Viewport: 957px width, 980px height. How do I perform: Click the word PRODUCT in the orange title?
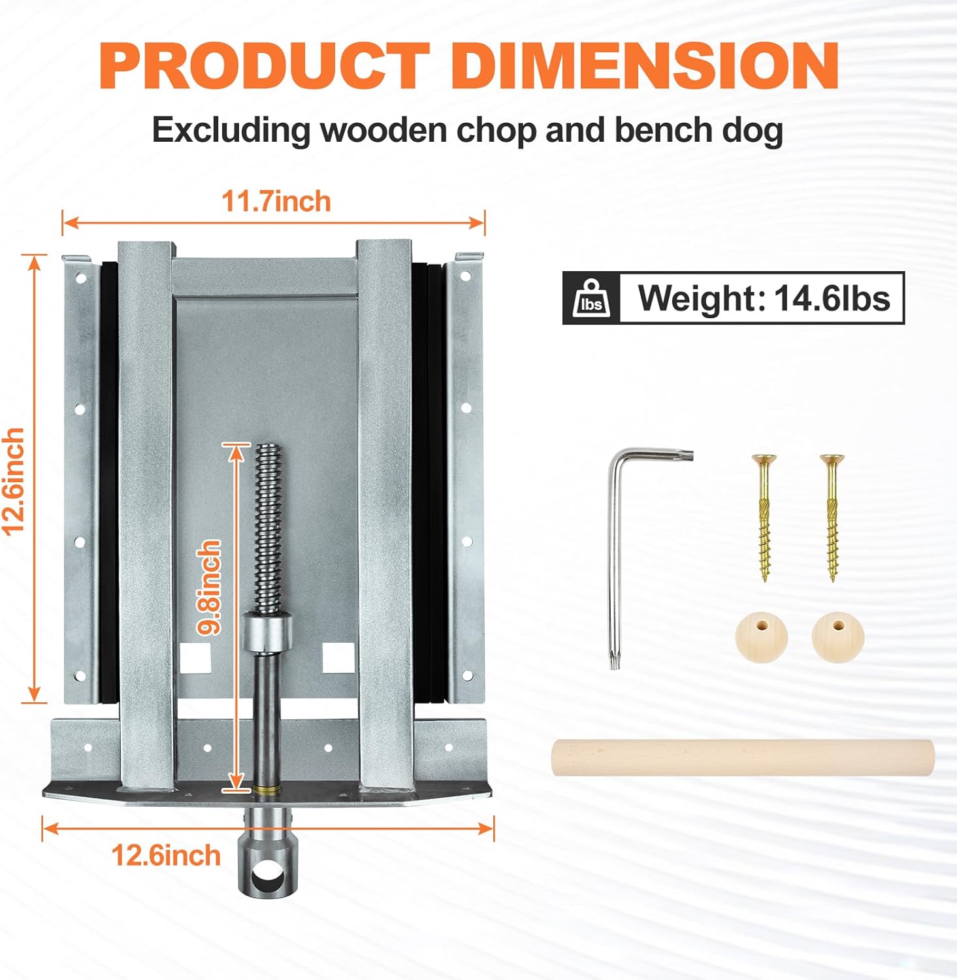[x=265, y=65]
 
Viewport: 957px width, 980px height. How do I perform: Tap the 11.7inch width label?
[x=276, y=201]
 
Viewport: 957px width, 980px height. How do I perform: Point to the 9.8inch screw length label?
[x=211, y=587]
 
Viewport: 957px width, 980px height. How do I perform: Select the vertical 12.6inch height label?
[x=14, y=482]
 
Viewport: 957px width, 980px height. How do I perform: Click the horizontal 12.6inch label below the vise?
[x=166, y=855]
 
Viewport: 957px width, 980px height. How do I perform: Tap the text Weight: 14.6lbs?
[x=764, y=299]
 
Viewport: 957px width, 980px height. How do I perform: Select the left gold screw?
[x=763, y=516]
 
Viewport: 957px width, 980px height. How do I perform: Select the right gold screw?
[x=832, y=516]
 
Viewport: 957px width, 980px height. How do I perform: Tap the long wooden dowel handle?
[x=743, y=758]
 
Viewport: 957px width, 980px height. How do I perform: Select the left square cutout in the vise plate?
[x=195, y=659]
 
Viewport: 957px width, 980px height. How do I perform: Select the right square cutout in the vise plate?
[x=338, y=659]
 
